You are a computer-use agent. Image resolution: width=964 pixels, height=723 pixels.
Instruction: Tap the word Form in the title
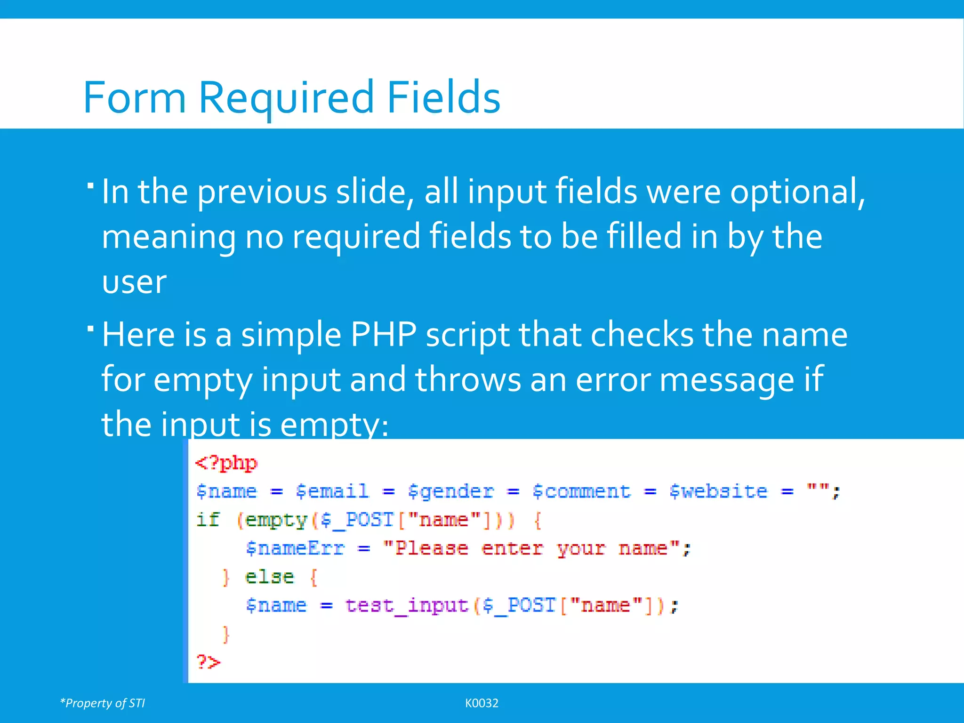(135, 97)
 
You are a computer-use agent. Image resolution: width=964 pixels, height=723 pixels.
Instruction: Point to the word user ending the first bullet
(134, 282)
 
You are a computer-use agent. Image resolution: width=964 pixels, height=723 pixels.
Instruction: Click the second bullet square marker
(90, 328)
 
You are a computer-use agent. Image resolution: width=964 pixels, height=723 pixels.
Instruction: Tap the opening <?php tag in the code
(226, 464)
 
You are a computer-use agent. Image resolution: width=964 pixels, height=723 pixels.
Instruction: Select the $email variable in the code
(332, 491)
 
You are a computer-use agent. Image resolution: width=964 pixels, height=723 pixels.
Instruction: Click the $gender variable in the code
(450, 491)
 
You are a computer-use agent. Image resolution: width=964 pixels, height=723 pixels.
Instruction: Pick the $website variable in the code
(718, 491)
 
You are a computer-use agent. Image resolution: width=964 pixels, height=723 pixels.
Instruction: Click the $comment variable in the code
(581, 491)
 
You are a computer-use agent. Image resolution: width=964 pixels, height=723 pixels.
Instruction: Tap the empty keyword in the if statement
(276, 521)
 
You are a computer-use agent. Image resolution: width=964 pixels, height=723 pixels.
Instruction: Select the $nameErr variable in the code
(295, 549)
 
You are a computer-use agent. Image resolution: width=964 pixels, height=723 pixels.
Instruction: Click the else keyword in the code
(269, 577)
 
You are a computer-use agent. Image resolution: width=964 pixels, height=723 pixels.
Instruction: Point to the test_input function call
(407, 605)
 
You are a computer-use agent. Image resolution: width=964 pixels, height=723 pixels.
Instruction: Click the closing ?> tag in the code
(208, 662)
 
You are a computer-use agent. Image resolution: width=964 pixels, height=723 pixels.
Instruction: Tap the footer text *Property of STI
(103, 703)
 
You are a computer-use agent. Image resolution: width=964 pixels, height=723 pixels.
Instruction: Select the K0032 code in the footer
(482, 703)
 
